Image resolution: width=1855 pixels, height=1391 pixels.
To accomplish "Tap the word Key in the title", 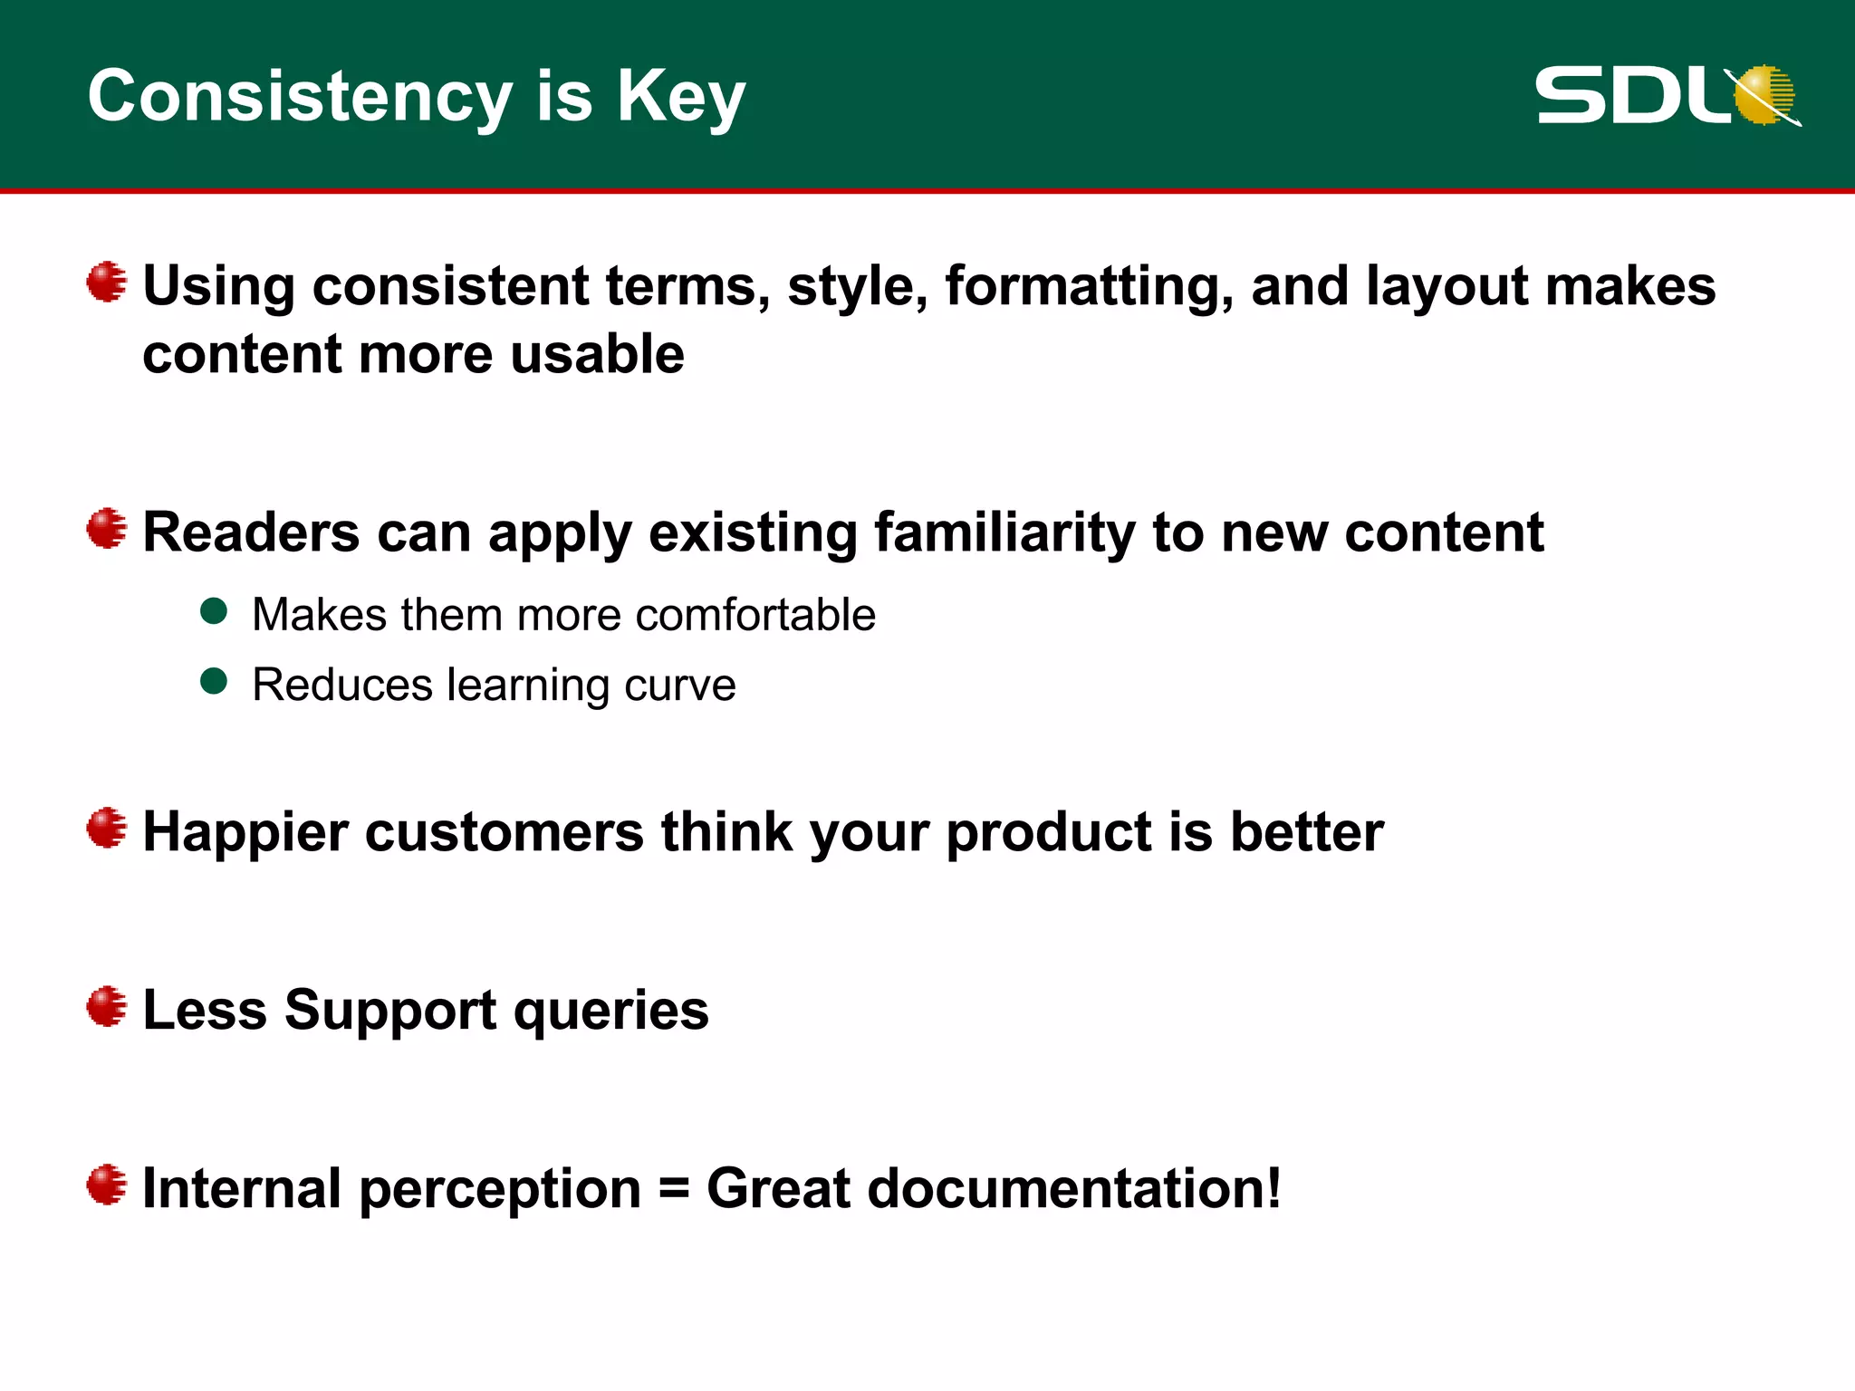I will pos(681,97).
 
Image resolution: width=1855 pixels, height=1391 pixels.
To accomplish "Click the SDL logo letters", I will pos(1630,96).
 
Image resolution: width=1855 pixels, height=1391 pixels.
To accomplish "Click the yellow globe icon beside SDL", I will pos(1764,94).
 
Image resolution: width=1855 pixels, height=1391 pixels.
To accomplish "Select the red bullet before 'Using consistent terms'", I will pos(107,282).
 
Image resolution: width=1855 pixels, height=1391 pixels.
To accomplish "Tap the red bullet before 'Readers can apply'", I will pos(107,528).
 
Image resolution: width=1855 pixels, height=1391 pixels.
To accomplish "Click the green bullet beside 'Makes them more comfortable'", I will pos(214,611).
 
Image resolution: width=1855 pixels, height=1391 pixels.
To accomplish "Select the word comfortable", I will pos(755,615).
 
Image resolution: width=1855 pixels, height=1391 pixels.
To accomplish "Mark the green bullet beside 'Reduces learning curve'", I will pos(214,681).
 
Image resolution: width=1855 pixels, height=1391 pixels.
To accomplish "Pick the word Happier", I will pos(245,832).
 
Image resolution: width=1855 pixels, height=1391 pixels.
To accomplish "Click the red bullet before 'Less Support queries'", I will pos(107,1007).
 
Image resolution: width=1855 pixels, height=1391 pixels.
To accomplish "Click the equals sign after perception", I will pos(674,1189).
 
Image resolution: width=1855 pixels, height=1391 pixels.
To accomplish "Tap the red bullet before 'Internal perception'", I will pos(107,1185).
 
